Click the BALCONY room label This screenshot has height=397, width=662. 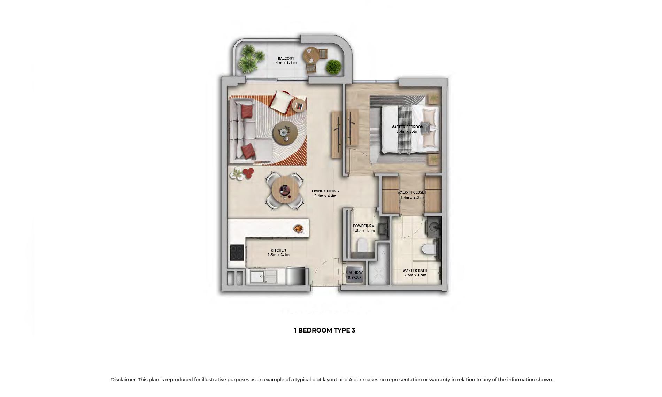tap(286, 58)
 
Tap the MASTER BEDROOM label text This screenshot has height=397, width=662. tap(407, 127)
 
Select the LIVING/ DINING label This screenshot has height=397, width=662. tap(325, 191)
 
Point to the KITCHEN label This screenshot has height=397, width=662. tap(278, 250)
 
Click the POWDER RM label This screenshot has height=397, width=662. tap(364, 226)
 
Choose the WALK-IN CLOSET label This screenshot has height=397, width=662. tap(412, 192)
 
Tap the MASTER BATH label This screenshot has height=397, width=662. tap(415, 270)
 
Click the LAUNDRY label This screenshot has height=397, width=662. tap(355, 273)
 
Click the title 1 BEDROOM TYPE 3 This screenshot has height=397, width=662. tap(324, 330)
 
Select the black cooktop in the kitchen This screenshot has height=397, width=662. tap(237, 253)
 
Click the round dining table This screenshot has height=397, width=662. tap(285, 191)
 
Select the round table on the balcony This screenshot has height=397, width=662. tap(311, 55)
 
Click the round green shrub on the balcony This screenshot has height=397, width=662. tap(334, 67)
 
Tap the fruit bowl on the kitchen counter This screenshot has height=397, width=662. tap(298, 229)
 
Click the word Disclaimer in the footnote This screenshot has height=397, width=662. tap(123, 380)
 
